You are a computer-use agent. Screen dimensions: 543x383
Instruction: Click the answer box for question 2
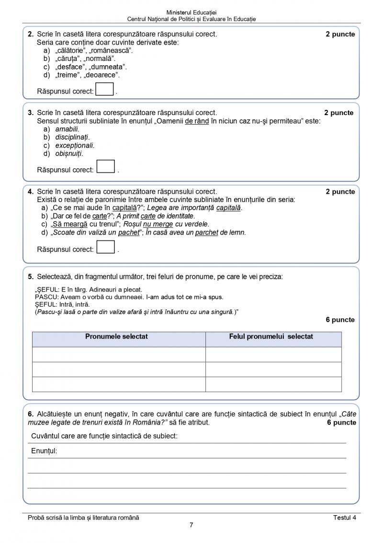click(105, 90)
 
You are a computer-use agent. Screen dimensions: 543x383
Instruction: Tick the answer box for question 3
click(106, 166)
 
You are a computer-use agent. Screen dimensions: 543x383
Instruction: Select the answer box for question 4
click(106, 247)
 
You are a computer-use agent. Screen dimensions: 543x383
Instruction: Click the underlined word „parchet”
click(206, 233)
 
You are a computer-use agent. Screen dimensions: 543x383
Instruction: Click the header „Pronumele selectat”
click(116, 337)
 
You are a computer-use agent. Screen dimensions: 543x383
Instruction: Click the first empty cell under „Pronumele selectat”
click(119, 354)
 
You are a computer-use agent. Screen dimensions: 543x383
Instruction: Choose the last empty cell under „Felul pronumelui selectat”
click(273, 384)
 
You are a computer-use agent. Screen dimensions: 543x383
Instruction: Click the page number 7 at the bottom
click(191, 525)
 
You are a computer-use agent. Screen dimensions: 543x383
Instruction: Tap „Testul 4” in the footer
click(345, 517)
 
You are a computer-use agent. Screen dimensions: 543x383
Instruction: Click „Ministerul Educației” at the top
click(191, 12)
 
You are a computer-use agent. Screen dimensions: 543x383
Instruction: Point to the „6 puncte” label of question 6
click(341, 423)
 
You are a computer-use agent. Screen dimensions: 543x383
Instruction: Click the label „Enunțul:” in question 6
click(44, 451)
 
